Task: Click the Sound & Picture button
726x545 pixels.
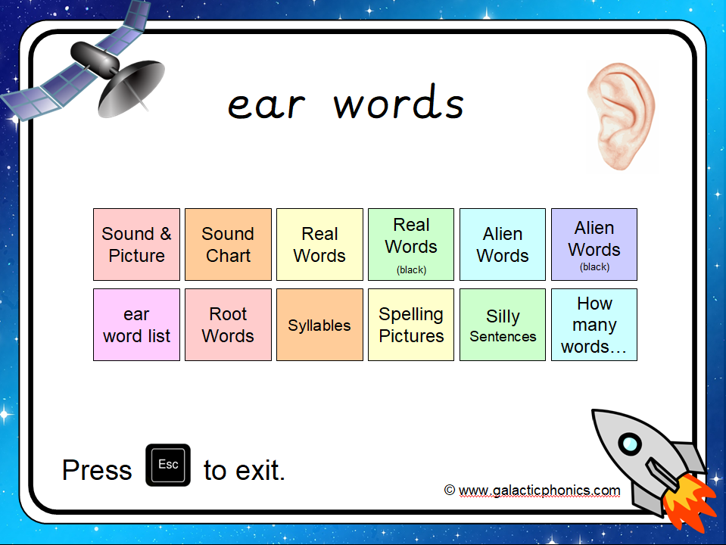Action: click(136, 244)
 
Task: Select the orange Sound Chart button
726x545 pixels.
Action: click(229, 244)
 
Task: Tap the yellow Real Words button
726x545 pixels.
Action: click(319, 244)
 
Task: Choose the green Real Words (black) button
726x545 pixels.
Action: click(411, 244)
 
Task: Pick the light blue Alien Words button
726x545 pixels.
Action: click(503, 244)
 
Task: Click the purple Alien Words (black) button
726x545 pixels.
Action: click(594, 244)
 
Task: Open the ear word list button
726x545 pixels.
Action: click(136, 325)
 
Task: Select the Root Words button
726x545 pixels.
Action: click(229, 325)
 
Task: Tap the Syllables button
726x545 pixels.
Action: click(319, 325)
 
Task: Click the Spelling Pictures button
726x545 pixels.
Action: click(411, 325)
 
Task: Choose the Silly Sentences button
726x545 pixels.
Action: click(503, 325)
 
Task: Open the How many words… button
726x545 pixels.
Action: click(594, 325)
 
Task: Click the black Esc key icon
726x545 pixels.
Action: click(168, 465)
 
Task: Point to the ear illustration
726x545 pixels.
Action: click(622, 116)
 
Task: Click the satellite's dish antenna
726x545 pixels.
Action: click(132, 88)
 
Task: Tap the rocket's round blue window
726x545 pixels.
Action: click(630, 444)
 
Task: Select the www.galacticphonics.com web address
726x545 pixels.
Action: click(540, 490)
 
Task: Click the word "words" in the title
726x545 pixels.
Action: click(399, 102)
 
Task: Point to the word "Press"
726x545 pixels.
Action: click(97, 470)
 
